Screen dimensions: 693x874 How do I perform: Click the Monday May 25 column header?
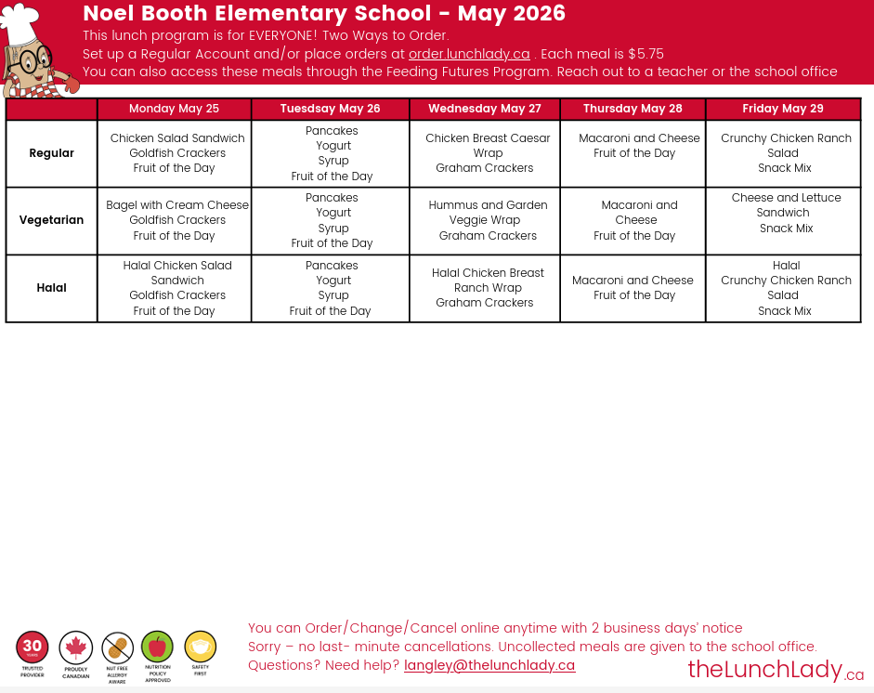click(174, 109)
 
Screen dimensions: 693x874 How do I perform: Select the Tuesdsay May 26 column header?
click(330, 109)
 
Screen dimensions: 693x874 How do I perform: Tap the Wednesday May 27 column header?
click(484, 109)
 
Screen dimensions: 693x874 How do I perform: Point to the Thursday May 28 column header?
click(633, 109)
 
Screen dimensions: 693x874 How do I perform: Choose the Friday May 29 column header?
click(783, 109)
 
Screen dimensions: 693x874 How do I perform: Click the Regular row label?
click(52, 153)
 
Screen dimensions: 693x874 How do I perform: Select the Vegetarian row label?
click(52, 220)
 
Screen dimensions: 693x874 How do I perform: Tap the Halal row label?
click(52, 288)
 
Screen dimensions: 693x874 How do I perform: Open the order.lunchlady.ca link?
click(469, 54)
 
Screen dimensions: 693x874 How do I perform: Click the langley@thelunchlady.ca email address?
click(489, 665)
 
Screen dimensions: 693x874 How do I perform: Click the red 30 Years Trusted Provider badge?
click(33, 647)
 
